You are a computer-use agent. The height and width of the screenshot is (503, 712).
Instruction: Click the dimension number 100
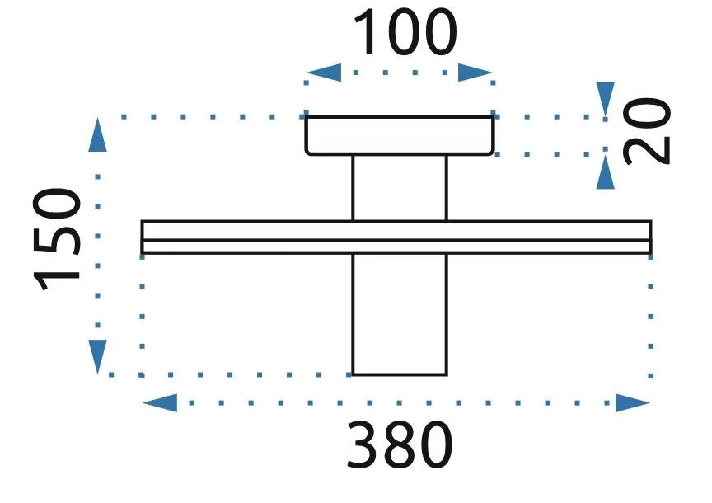(405, 33)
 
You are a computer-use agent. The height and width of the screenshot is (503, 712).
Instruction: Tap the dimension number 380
(400, 444)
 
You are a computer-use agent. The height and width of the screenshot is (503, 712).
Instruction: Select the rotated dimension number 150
(57, 239)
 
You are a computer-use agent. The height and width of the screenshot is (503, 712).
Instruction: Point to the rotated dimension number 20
(647, 131)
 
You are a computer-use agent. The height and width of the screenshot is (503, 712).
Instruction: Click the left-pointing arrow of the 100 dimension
(324, 73)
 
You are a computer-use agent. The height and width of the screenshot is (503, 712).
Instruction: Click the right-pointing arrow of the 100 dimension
(475, 73)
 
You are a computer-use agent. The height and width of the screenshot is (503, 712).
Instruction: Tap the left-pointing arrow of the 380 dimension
(160, 403)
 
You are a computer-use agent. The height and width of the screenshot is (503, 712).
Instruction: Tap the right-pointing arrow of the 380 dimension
(633, 403)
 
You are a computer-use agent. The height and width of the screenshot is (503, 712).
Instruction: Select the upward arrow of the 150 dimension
(97, 134)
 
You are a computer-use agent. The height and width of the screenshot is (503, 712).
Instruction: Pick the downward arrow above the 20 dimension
(606, 99)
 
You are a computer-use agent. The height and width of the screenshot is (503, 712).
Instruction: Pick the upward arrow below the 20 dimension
(606, 172)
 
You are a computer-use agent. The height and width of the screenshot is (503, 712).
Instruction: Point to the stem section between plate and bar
(400, 188)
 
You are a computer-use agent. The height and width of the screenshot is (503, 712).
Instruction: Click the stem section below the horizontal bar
(400, 314)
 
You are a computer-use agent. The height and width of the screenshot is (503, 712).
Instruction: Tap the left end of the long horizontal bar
(143, 237)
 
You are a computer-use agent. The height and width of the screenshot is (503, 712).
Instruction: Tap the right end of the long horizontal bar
(651, 237)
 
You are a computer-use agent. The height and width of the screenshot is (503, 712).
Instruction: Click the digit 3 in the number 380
(363, 444)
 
